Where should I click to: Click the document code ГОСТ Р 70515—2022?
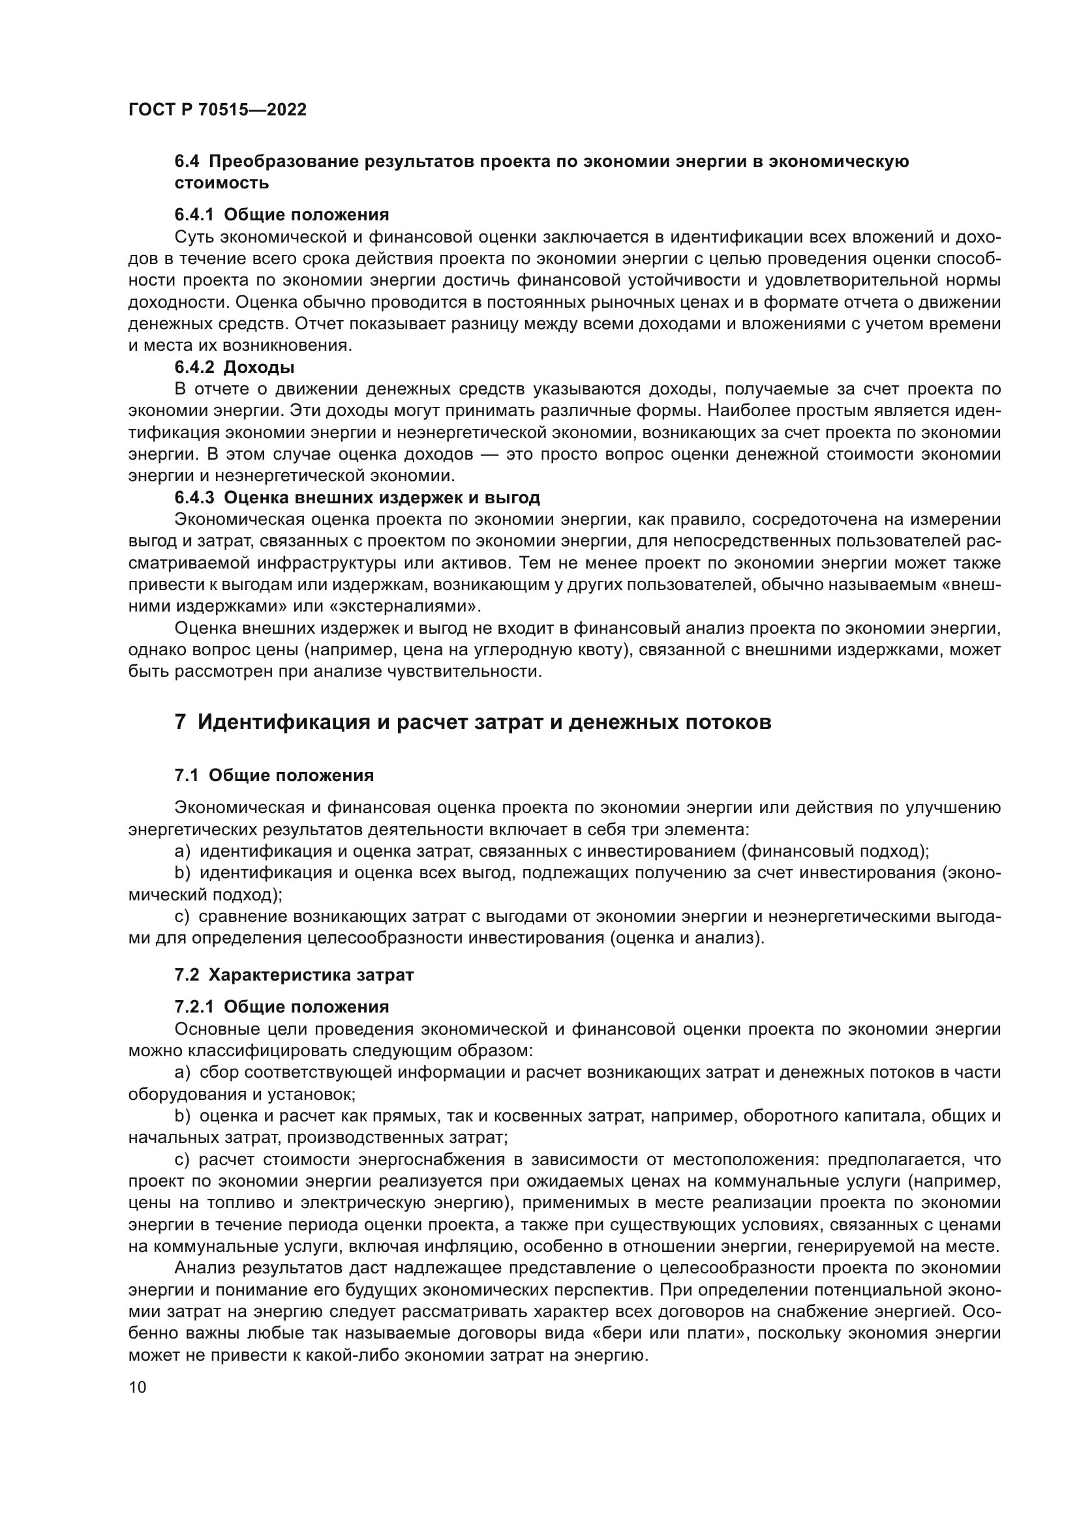pos(217,110)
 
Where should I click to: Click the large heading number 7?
pos(180,722)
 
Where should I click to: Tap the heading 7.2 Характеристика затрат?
pos(294,975)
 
